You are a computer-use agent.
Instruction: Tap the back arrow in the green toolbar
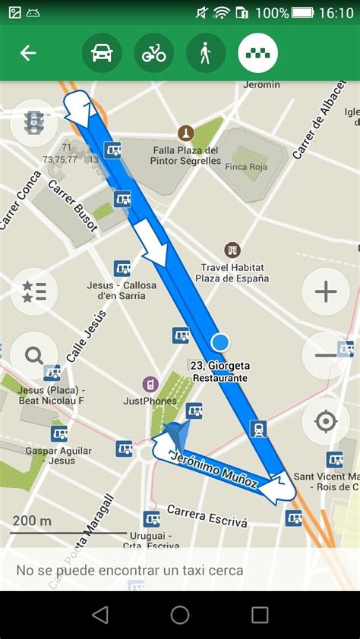click(28, 53)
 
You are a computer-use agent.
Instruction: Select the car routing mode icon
click(102, 53)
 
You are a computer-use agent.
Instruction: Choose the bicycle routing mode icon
click(154, 53)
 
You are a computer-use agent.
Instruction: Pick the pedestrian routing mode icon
click(206, 53)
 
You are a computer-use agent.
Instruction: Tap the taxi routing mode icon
click(258, 53)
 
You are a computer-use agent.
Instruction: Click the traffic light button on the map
click(34, 123)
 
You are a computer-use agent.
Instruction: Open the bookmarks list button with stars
click(34, 291)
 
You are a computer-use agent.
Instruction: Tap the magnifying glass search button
click(34, 355)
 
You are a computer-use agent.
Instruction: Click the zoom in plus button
click(326, 291)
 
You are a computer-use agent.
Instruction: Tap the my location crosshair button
click(326, 420)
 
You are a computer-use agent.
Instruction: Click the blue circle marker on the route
click(220, 342)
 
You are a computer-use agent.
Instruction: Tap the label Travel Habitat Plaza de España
click(232, 273)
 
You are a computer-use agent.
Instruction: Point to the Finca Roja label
click(247, 167)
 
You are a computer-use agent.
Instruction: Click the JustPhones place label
click(150, 400)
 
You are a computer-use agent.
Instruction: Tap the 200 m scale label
click(33, 521)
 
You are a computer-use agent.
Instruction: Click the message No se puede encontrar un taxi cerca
click(130, 571)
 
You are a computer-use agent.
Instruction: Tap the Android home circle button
click(180, 615)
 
